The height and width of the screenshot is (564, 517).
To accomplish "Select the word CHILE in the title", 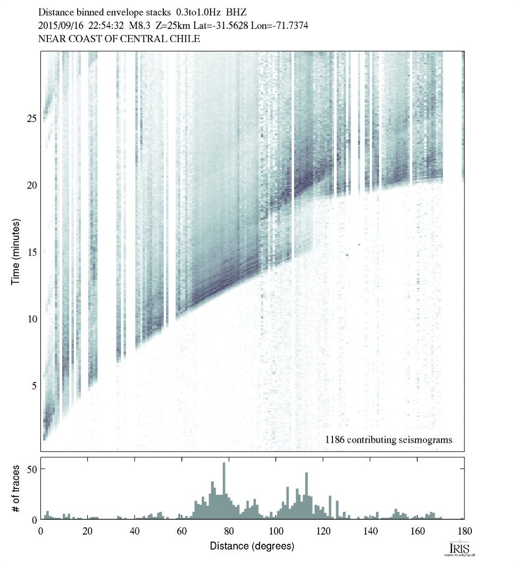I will point(183,39).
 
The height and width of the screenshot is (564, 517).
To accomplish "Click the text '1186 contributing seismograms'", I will point(388,439).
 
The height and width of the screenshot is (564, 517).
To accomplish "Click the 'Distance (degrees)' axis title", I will point(252,546).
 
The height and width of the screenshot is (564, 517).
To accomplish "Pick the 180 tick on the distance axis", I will point(464,530).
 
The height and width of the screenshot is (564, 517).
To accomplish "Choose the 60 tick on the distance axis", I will point(182,530).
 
